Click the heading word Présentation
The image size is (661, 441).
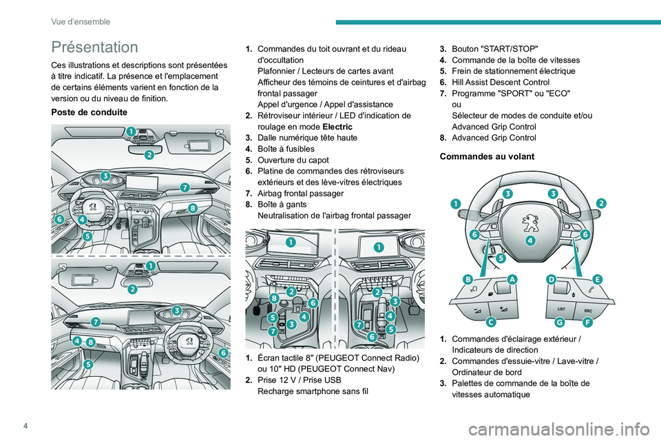coord(94,48)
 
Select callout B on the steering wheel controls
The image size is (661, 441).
coord(468,279)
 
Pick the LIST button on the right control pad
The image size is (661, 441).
coord(561,309)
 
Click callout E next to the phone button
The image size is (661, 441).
coord(596,278)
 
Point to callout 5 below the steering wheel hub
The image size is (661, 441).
coord(501,258)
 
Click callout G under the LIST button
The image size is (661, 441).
coord(560,322)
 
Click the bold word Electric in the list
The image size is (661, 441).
coord(339,127)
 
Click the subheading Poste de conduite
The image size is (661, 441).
coord(88,112)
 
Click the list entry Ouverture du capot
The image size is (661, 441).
coord(288,160)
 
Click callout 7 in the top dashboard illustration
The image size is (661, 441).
coord(185,187)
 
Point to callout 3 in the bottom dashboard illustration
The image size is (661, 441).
coord(177,311)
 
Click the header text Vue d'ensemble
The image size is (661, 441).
coord(81,21)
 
